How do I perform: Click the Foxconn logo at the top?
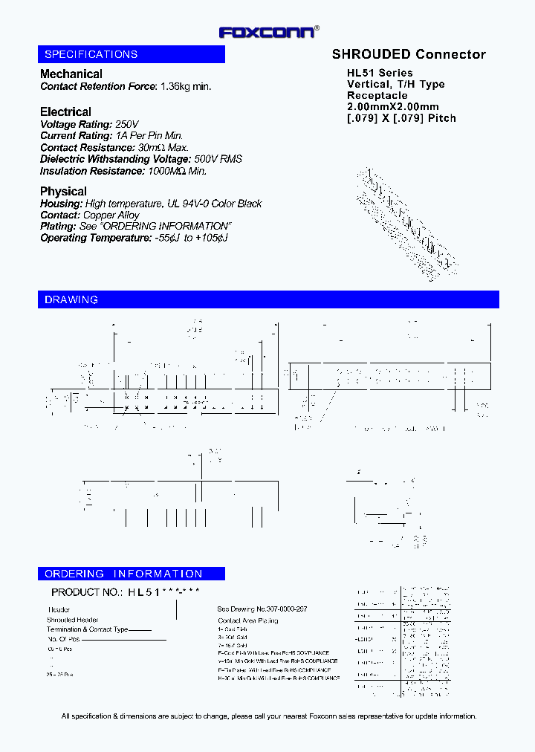click(268, 32)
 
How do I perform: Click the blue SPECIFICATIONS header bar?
click(131, 54)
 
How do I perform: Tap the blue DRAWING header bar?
click(268, 299)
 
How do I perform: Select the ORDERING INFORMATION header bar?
click(131, 574)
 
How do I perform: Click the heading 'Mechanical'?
click(71, 74)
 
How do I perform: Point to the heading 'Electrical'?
click(65, 111)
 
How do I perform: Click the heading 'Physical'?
click(63, 191)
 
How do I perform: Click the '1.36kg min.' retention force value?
click(187, 86)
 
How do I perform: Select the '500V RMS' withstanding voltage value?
click(218, 159)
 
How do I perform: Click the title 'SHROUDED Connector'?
click(409, 54)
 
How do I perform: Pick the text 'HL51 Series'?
click(380, 73)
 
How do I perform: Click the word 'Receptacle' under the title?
click(377, 95)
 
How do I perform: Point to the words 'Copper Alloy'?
click(111, 215)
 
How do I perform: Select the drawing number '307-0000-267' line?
click(262, 609)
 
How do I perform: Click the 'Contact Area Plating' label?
click(248, 620)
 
